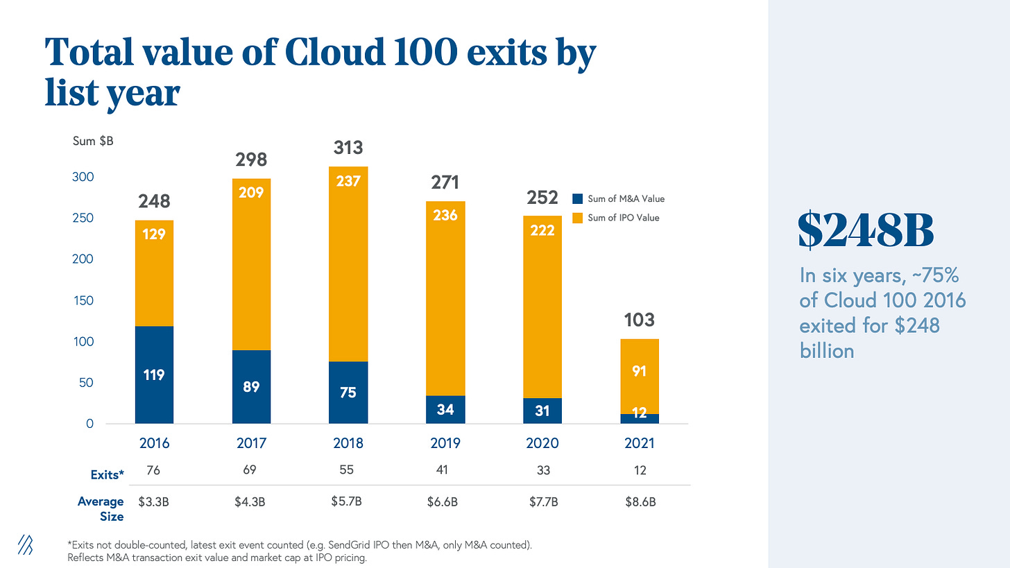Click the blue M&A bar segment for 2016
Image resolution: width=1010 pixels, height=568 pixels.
click(x=154, y=375)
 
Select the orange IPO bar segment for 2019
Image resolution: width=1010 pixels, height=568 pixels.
click(x=445, y=298)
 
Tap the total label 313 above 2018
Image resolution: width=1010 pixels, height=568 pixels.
click(x=348, y=148)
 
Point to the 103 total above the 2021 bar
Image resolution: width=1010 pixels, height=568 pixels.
click(x=639, y=320)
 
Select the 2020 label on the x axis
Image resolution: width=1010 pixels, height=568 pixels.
click(x=542, y=443)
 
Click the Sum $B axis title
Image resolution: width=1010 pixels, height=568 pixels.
click(x=93, y=141)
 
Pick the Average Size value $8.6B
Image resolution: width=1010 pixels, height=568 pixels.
click(x=639, y=502)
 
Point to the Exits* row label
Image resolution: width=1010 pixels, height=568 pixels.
click(x=107, y=475)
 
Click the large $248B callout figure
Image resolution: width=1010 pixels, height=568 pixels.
click(x=866, y=230)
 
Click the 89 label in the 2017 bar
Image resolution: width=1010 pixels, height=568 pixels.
click(x=251, y=386)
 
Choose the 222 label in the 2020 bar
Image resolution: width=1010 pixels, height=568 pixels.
click(x=542, y=230)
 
